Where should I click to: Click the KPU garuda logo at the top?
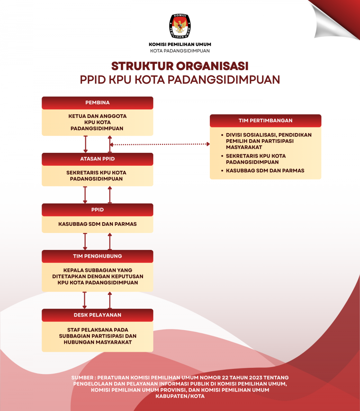click(180, 26)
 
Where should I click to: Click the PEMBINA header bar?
click(98, 103)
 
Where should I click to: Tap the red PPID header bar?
click(98, 210)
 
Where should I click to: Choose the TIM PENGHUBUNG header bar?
click(98, 256)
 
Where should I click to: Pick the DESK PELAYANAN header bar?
click(98, 315)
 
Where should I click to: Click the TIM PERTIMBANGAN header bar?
click(265, 120)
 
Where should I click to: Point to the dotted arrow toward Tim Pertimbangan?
click(160, 144)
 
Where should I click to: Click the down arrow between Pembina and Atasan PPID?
click(85, 144)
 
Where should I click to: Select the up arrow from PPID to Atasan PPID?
click(110, 195)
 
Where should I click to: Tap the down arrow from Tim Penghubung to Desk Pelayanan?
click(85, 300)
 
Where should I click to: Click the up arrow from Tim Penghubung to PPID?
click(110, 241)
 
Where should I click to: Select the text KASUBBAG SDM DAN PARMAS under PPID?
click(98, 224)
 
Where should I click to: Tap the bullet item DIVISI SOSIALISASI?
click(269, 135)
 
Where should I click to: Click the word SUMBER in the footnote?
click(82, 378)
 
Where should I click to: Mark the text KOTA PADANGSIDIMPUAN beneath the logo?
click(180, 51)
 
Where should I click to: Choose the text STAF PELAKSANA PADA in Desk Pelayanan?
click(98, 330)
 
